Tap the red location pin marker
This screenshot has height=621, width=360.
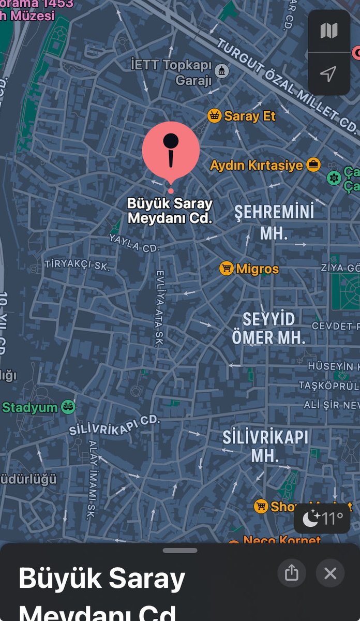tap(171, 151)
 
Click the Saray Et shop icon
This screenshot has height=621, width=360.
tap(214, 116)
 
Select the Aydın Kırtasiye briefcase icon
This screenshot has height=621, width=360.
tap(313, 165)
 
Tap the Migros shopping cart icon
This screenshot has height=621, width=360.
tap(226, 269)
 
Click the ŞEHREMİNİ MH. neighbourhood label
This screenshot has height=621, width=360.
tap(274, 222)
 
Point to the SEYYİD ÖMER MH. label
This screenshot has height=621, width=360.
tap(269, 328)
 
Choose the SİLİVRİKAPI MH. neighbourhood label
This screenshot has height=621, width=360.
tap(266, 446)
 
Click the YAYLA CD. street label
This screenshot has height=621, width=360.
tap(134, 243)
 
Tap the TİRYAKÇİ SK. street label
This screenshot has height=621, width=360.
tap(77, 264)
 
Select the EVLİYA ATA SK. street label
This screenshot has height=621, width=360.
tap(159, 308)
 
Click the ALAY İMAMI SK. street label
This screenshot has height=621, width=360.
tap(92, 479)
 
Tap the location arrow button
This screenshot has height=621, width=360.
tap(328, 74)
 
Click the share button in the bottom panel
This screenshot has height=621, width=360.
tap(292, 573)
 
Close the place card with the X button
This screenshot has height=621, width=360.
tap(330, 573)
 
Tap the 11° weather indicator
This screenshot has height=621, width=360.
tap(322, 518)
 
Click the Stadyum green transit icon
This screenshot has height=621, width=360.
tap(68, 407)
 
